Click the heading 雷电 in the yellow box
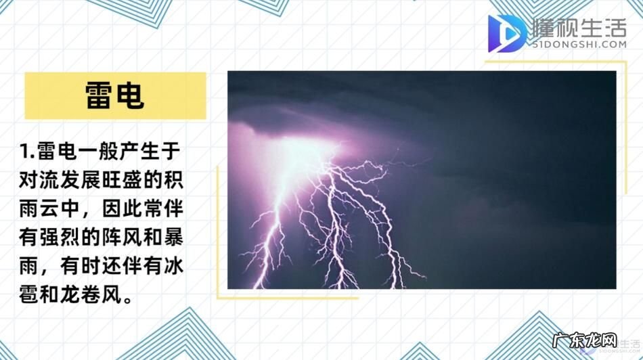click(115, 95)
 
